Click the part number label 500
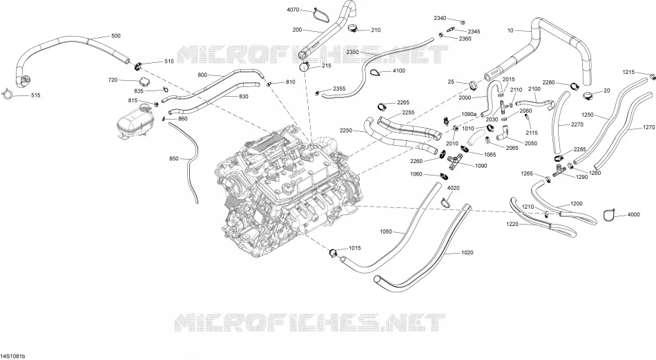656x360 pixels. [x=115, y=35]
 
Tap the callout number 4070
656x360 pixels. [x=293, y=10]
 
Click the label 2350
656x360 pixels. [x=353, y=52]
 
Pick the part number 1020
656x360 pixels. [x=467, y=252]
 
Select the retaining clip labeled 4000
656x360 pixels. [x=609, y=214]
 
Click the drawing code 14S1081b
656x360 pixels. [x=13, y=357]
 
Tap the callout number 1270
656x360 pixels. [x=649, y=127]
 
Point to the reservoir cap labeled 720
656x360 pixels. [x=144, y=81]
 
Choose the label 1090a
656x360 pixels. [x=469, y=114]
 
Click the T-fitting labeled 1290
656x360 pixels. [x=559, y=170]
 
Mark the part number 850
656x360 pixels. [x=173, y=159]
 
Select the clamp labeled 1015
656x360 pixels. [x=334, y=252]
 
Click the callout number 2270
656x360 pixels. [x=577, y=124]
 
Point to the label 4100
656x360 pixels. [x=398, y=70]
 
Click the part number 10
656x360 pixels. [x=510, y=30]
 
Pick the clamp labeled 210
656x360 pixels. [x=353, y=28]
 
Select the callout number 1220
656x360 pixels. [x=512, y=224]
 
